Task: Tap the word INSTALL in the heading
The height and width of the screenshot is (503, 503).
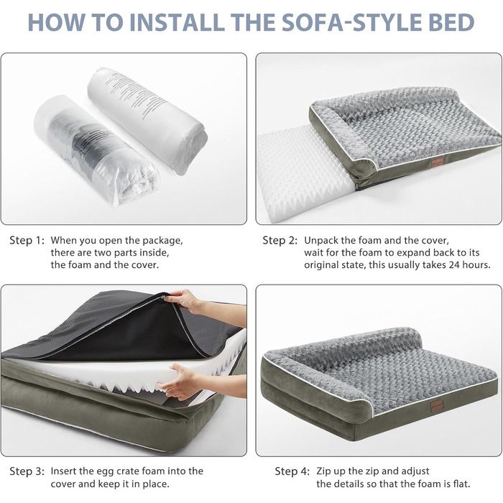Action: click(x=179, y=22)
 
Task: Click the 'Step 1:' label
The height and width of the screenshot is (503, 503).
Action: click(x=27, y=241)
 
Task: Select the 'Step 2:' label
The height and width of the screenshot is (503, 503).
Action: click(x=280, y=241)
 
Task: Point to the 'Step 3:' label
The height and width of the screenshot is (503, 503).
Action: click(x=27, y=471)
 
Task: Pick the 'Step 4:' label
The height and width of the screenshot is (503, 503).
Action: click(x=292, y=471)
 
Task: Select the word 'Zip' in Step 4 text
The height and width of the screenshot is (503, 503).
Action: click(x=323, y=471)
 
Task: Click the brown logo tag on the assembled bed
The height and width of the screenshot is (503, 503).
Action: click(x=437, y=407)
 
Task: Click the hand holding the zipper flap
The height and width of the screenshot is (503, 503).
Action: click(x=185, y=302)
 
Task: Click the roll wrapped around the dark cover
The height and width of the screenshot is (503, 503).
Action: click(x=96, y=151)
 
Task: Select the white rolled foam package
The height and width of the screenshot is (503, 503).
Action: click(x=147, y=120)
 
